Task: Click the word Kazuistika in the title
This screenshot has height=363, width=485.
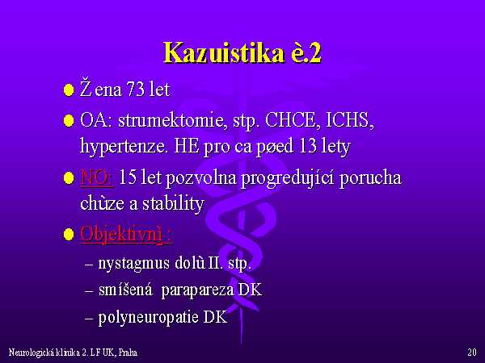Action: (x=224, y=53)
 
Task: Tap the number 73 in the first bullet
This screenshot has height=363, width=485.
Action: (x=135, y=90)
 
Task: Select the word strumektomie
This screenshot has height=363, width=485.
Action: (x=170, y=120)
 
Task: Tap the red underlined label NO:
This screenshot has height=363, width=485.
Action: (x=97, y=177)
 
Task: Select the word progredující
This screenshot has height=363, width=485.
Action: (x=287, y=179)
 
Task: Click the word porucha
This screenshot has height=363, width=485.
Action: (x=370, y=178)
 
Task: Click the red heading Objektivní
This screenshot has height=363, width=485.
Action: (x=121, y=234)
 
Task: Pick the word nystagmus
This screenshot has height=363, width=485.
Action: (x=134, y=264)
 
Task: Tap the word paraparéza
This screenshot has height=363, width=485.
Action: (x=197, y=290)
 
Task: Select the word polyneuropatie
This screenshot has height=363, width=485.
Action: (x=148, y=317)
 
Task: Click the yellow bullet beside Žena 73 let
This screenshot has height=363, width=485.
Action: (x=69, y=90)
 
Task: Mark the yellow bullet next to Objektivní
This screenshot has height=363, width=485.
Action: (x=69, y=234)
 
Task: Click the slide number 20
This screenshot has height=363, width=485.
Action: (x=472, y=353)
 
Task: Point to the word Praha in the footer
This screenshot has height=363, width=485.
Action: (x=128, y=353)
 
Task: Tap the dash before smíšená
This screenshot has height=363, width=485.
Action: (x=89, y=291)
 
